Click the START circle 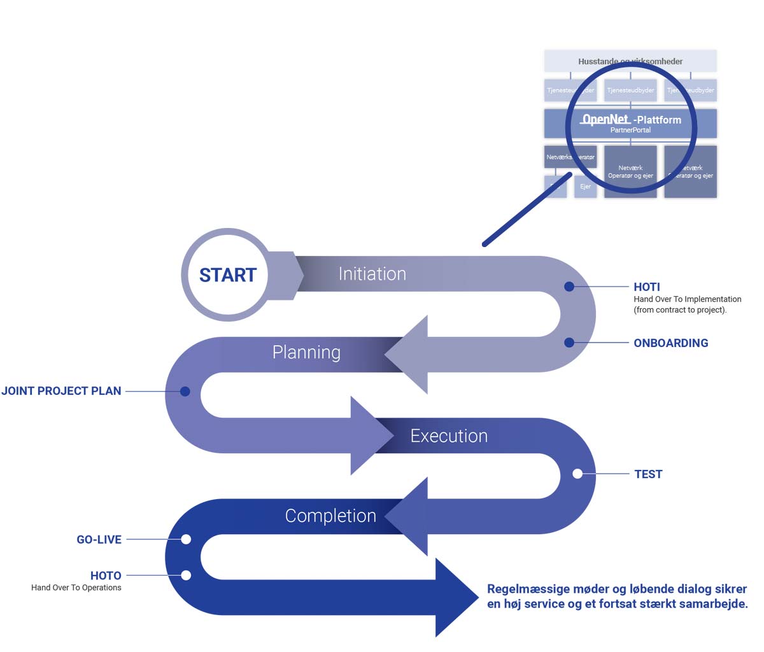[227, 274]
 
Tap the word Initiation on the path [372, 274]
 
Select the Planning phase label [306, 352]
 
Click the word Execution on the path [449, 436]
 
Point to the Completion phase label [330, 516]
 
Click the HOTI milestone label [647, 287]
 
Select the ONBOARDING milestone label [670, 343]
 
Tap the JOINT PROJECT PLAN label [61, 391]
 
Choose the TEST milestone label [648, 474]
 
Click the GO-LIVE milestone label [99, 539]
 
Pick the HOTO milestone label [106, 576]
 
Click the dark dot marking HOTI [569, 287]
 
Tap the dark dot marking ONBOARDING [569, 343]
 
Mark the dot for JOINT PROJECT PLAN [185, 391]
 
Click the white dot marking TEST [577, 474]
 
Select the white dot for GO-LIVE [186, 539]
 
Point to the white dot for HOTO [186, 576]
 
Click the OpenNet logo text [605, 119]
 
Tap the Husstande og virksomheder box [630, 61]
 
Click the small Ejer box [585, 187]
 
